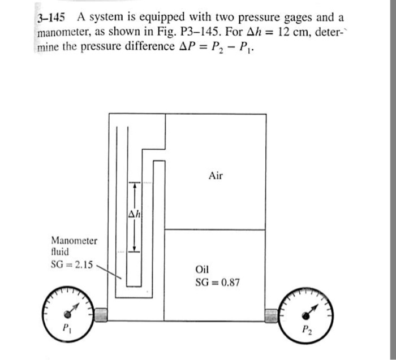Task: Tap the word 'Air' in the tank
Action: [216, 176]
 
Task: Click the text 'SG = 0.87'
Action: [217, 281]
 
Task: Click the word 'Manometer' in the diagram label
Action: [74, 241]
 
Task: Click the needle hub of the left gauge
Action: [68, 313]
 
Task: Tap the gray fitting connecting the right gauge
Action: [273, 314]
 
